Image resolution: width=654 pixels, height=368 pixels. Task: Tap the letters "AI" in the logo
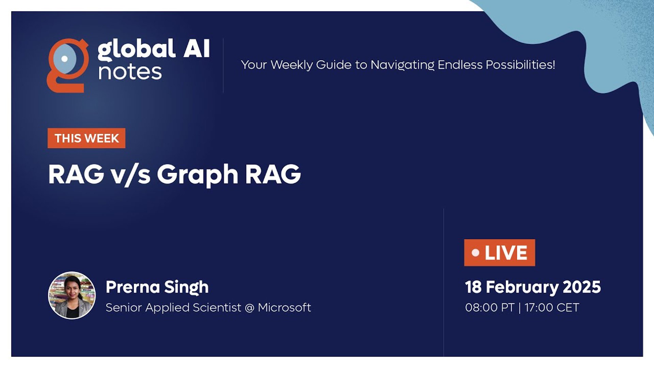click(197, 48)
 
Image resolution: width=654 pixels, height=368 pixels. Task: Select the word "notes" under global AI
click(130, 72)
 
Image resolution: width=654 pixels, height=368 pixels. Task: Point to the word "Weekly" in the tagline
click(291, 65)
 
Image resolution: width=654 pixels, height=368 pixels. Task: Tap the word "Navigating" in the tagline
click(402, 65)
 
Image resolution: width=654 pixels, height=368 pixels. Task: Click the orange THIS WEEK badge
click(87, 138)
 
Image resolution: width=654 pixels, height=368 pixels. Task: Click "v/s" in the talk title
click(130, 175)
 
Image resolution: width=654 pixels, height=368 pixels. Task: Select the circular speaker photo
click(72, 295)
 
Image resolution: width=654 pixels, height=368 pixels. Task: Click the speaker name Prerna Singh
click(157, 287)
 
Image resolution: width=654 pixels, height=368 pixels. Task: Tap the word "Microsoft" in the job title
click(284, 307)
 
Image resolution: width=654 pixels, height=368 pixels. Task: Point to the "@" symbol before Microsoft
click(250, 308)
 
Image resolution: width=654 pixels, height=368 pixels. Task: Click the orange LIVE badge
click(499, 252)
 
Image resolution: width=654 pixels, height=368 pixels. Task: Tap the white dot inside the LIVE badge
click(476, 253)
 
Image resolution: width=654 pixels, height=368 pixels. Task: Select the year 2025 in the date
click(582, 287)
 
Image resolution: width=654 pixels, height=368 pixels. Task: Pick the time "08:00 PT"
click(489, 308)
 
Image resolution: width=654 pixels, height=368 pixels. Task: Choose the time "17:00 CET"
click(552, 308)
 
